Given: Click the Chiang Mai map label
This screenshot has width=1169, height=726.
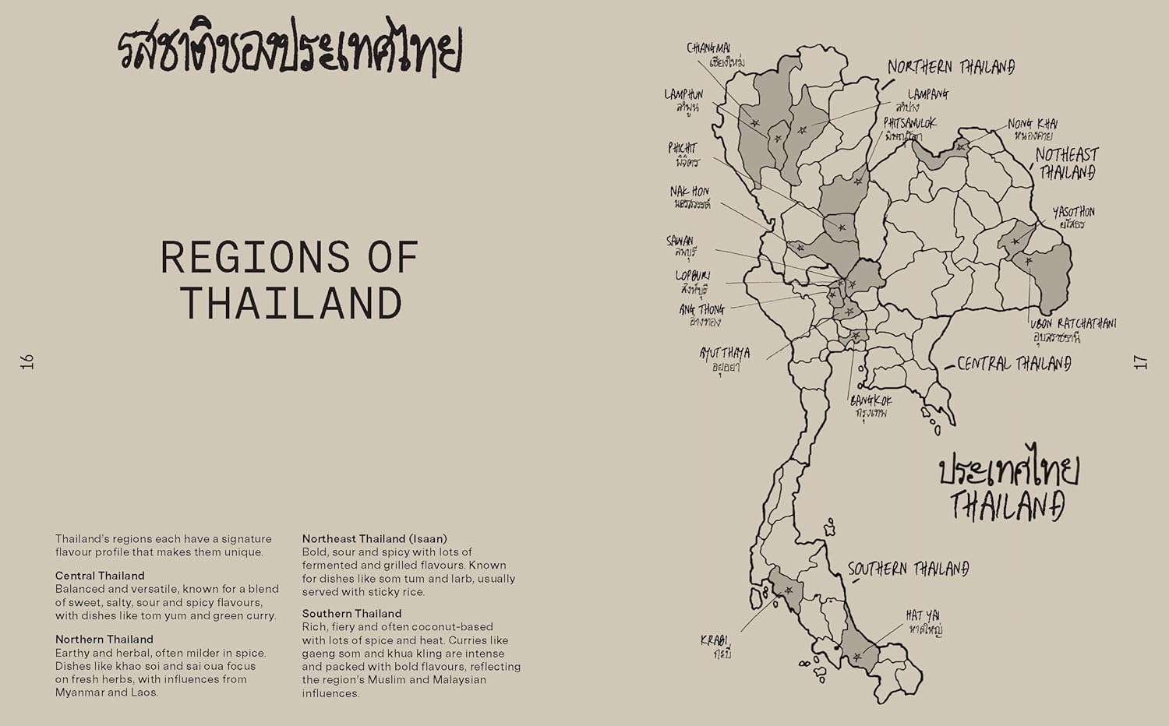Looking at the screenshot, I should pos(708,54).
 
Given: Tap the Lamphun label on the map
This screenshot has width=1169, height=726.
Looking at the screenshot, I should pos(683,100).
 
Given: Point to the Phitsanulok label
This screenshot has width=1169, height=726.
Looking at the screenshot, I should pos(909,129).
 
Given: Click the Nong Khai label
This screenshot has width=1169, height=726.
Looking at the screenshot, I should pos(1033,129).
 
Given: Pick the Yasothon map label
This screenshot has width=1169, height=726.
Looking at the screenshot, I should pos(1073,217).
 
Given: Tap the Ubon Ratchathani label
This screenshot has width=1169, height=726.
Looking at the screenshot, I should pos(1072,330).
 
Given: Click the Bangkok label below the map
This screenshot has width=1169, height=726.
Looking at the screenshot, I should pos(871,405).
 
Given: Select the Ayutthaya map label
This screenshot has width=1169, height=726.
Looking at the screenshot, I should pos(724,360).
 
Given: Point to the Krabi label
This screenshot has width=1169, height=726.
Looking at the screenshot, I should pos(715,647).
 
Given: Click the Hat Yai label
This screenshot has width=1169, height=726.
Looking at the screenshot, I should pos(924,622).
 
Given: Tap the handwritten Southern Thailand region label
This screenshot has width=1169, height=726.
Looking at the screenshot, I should pos(908,569).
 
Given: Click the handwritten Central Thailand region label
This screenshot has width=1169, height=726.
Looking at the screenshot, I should pos(1013,363).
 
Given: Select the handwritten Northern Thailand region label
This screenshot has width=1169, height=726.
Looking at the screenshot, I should pos(951,67).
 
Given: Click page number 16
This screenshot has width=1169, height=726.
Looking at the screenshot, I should pos(28,361).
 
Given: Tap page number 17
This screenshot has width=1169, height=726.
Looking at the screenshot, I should pos(1140,361).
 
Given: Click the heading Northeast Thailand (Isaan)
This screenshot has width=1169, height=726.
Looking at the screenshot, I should pos(374,538).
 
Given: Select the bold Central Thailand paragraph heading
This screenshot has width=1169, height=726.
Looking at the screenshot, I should pos(100,576).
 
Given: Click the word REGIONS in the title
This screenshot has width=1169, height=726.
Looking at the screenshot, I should pos(255,258).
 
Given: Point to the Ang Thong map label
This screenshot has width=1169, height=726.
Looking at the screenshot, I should pos(701,314).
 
